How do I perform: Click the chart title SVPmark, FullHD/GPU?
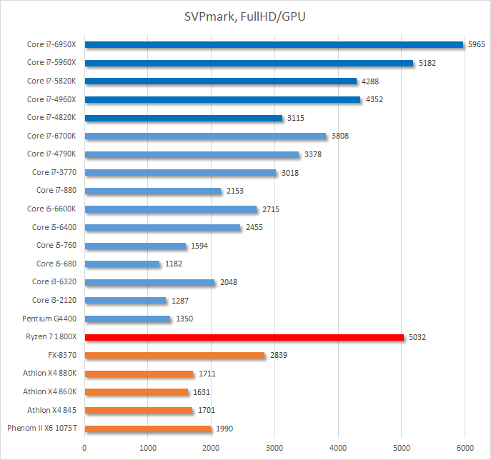[245, 16]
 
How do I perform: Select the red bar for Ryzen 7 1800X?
[244, 337]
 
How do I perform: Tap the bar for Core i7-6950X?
[274, 44]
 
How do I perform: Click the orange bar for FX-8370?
[174, 355]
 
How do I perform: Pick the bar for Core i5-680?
[122, 264]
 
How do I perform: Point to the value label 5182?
[427, 63]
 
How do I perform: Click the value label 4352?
[374, 99]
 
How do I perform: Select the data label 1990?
[224, 429]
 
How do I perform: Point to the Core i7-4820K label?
[56, 117]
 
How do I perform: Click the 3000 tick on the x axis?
[274, 448]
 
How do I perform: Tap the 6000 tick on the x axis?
[465, 448]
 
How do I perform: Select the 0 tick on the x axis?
[84, 448]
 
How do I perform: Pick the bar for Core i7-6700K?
[205, 136]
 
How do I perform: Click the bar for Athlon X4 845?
[139, 410]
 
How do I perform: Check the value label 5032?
[417, 337]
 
